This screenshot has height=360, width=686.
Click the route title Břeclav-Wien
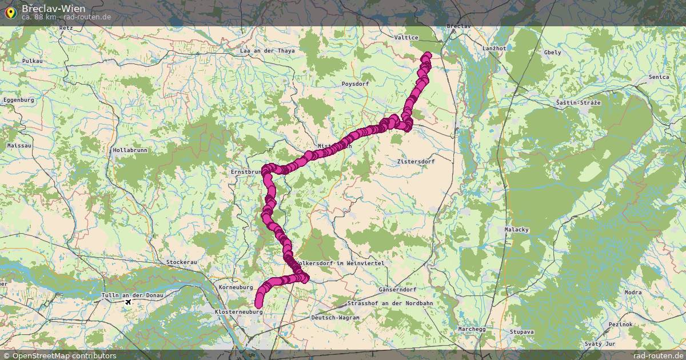click(x=54, y=9)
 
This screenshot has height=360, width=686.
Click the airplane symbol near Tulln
click(x=127, y=301)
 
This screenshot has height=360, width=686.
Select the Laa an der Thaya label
click(x=268, y=51)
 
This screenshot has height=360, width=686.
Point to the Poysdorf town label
click(x=355, y=84)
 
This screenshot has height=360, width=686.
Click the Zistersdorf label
click(x=416, y=162)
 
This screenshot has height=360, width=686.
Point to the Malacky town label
click(x=517, y=230)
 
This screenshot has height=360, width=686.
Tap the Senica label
click(x=659, y=77)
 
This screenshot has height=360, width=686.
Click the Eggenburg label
click(x=18, y=100)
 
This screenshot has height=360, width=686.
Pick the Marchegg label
click(x=472, y=329)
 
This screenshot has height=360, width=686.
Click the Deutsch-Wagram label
click(x=336, y=317)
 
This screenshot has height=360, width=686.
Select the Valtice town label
click(x=406, y=38)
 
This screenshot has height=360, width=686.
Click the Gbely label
click(x=553, y=52)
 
